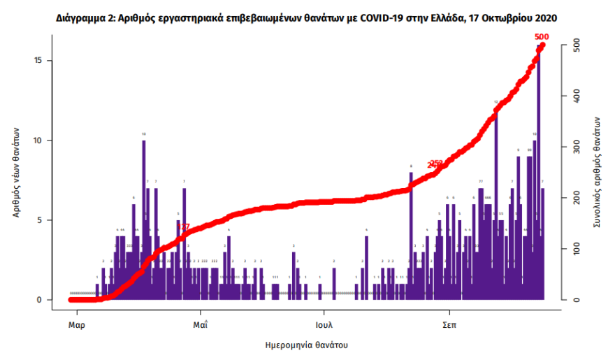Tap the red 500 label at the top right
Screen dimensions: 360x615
click(x=541, y=36)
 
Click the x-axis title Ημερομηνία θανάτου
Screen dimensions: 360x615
click(x=307, y=345)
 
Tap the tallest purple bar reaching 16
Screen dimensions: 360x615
click(x=538, y=175)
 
